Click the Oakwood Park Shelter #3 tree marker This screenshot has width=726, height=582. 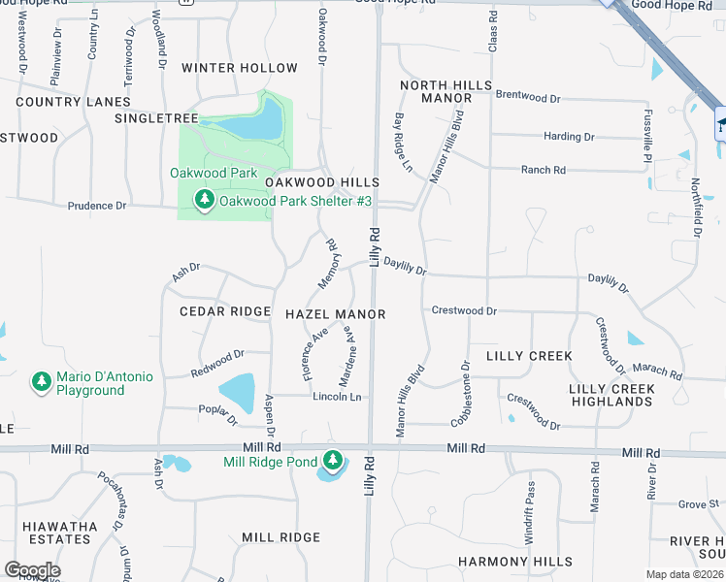204,201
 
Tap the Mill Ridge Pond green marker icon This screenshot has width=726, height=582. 333,460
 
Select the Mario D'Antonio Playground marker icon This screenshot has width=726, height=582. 41,381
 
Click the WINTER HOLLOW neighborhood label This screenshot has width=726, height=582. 240,68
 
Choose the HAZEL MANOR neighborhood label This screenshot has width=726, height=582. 336,315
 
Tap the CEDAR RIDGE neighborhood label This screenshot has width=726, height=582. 225,311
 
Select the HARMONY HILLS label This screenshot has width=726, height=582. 514,562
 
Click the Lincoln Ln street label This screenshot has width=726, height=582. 337,397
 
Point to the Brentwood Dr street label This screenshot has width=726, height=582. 528,98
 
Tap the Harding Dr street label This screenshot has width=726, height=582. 569,137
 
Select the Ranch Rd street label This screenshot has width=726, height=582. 544,170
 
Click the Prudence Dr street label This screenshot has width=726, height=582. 97,206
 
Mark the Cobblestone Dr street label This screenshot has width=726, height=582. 461,394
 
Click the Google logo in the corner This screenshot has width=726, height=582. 32,570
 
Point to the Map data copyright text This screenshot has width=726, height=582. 685,574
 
